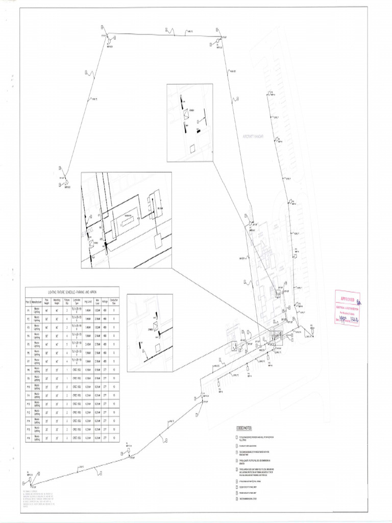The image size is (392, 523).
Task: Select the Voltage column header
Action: [x=105, y=301]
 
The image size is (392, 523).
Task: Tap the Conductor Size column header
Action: [x=114, y=301]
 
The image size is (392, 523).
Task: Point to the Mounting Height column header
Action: [x=57, y=301]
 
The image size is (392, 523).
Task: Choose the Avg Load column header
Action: [x=87, y=301]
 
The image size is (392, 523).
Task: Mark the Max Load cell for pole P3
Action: [x=97, y=327]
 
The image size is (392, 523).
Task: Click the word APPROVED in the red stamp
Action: [x=347, y=299]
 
